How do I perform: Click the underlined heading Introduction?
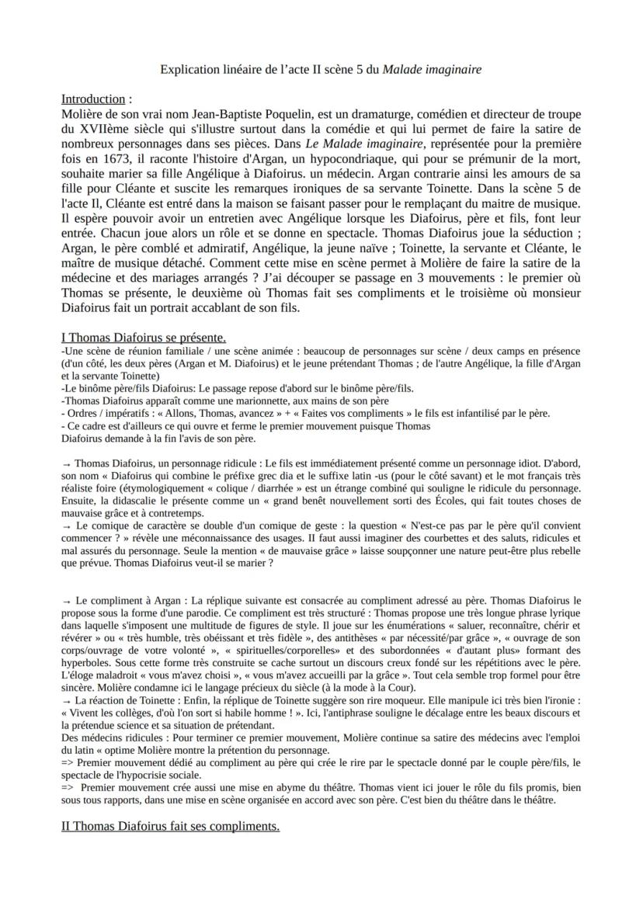92,99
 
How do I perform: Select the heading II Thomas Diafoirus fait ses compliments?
170,826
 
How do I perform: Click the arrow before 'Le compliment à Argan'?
66,601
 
